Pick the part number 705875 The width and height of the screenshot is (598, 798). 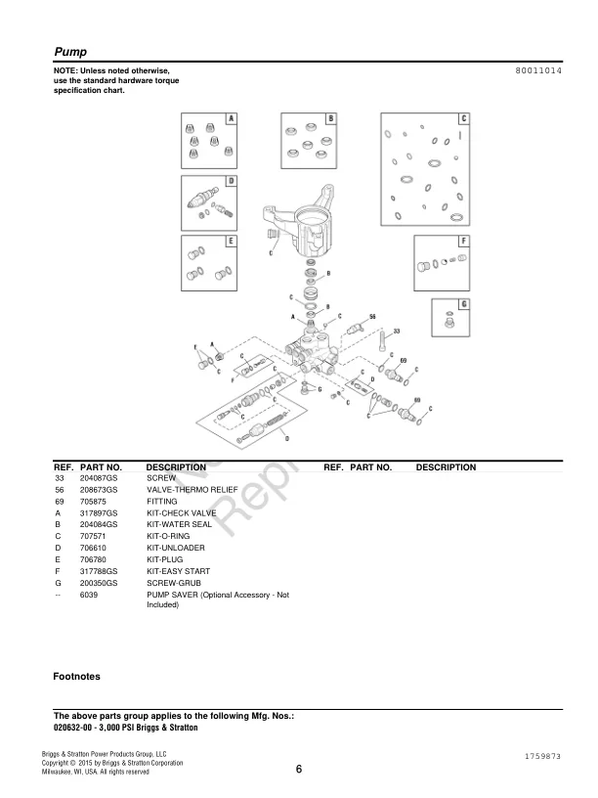click(x=94, y=501)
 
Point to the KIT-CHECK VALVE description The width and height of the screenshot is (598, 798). click(x=181, y=512)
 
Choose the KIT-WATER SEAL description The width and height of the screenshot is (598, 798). click(x=180, y=524)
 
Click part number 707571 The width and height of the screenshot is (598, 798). click(x=94, y=536)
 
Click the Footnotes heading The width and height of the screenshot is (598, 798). click(x=76, y=676)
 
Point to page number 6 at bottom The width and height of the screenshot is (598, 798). click(x=298, y=769)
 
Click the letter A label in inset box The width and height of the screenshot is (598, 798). click(x=232, y=118)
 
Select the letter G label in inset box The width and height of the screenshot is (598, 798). click(x=463, y=304)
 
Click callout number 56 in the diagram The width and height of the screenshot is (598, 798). click(x=372, y=318)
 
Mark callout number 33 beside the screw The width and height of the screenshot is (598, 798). click(x=397, y=332)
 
